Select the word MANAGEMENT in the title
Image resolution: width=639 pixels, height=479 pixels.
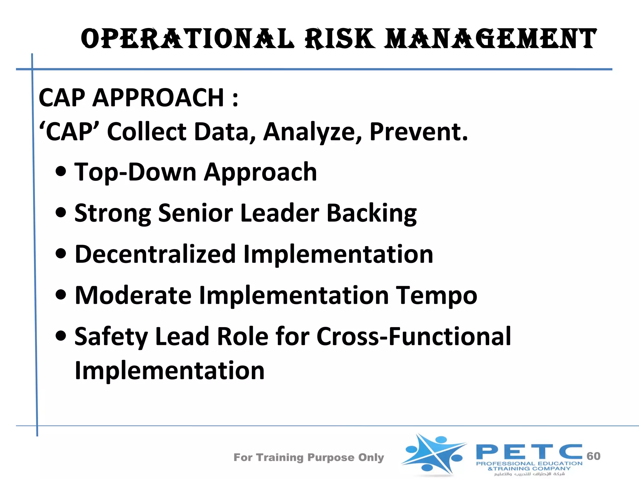click(x=490, y=39)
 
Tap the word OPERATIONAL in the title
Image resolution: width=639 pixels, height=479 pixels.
click(x=187, y=39)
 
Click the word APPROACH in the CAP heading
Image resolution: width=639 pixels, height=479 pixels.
click(x=158, y=98)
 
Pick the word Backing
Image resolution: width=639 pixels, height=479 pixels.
click(x=371, y=214)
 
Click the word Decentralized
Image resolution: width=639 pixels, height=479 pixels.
click(x=155, y=254)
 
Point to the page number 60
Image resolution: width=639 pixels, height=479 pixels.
click(x=593, y=456)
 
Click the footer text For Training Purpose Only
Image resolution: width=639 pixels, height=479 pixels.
click(x=309, y=457)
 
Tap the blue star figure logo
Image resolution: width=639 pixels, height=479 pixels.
click(x=434, y=454)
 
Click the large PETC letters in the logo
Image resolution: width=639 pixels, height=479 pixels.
click(x=529, y=452)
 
